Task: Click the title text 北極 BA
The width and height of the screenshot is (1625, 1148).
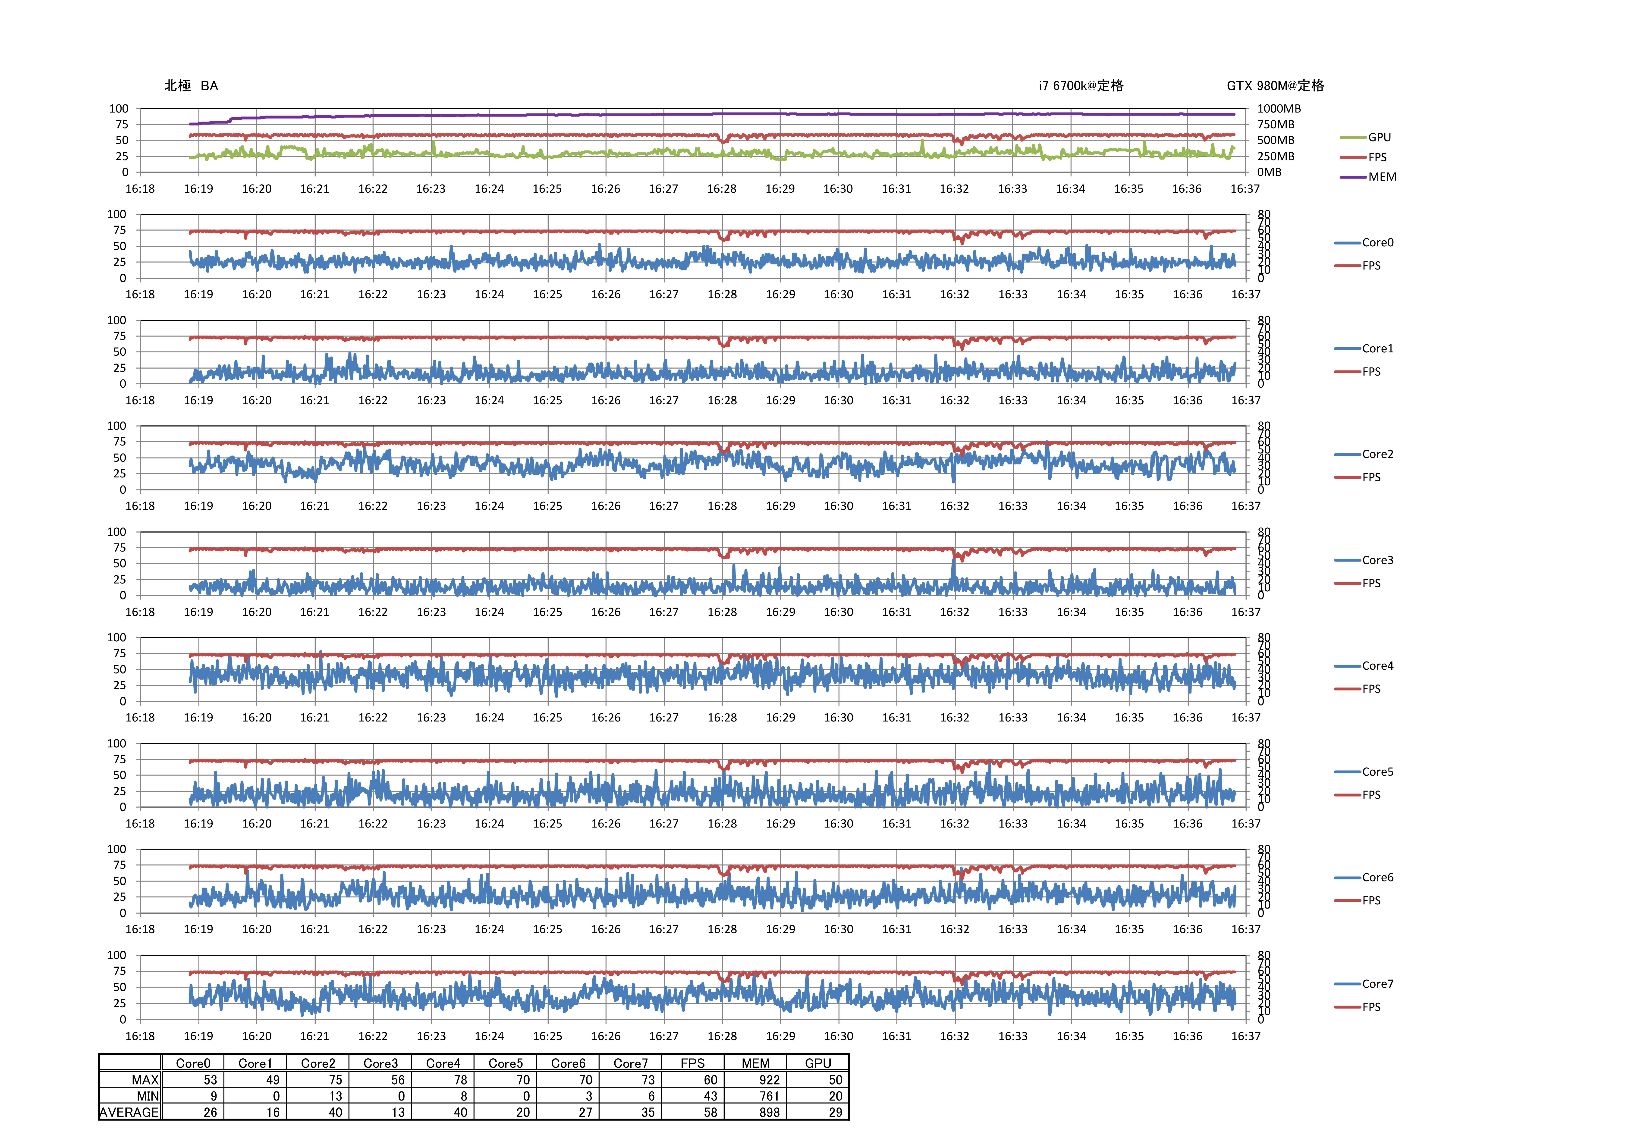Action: click(191, 86)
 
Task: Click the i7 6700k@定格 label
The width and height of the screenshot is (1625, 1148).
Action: click(1081, 86)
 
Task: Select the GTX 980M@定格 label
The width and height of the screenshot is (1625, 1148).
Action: click(1275, 86)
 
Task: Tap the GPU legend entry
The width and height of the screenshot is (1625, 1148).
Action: click(1379, 137)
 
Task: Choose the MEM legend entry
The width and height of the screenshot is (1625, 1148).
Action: click(1382, 177)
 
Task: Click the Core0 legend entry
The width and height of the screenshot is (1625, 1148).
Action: click(1377, 243)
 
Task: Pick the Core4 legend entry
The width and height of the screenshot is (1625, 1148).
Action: click(1377, 666)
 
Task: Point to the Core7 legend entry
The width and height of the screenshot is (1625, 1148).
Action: click(1377, 984)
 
